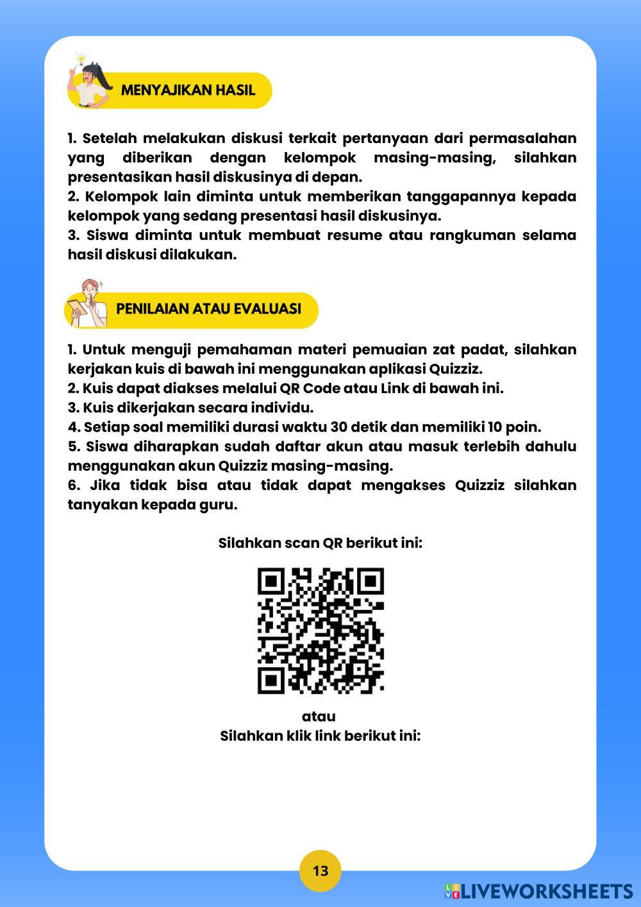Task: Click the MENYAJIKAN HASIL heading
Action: pos(188,90)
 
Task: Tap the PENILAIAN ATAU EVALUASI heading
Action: pos(208,309)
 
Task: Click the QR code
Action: pos(320,631)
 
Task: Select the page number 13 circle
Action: pos(320,870)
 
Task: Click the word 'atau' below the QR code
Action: pos(319,716)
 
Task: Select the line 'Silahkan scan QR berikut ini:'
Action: pos(320,543)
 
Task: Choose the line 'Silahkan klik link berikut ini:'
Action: pos(320,736)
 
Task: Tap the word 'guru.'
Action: pos(221,505)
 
